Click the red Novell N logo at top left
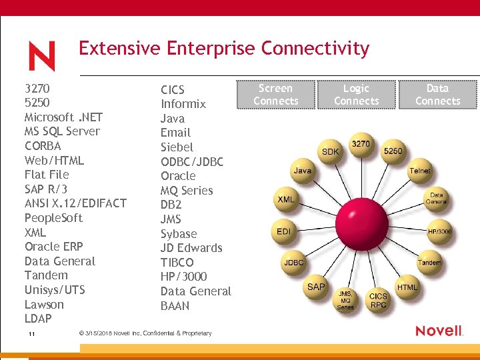[42, 56]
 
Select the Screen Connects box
[275, 95]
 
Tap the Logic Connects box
[356, 95]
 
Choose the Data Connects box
[437, 95]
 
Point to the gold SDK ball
[331, 152]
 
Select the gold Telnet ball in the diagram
[420, 171]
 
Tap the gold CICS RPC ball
[378, 301]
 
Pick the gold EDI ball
[284, 231]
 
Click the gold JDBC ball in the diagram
[294, 263]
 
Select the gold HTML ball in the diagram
[407, 287]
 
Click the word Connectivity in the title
[315, 49]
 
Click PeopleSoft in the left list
[53, 218]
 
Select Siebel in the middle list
[177, 147]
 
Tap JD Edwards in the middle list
[191, 248]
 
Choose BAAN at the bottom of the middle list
[175, 306]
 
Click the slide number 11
[31, 333]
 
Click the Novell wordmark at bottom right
[439, 331]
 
